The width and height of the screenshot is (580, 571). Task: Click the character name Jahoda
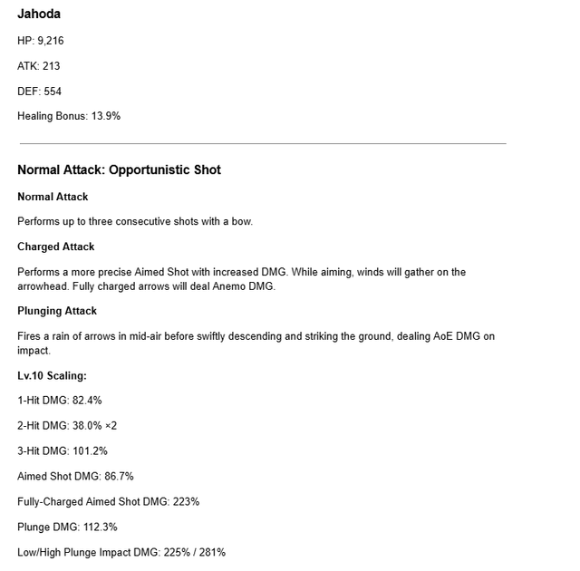39,14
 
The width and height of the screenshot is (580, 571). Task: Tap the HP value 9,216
51,41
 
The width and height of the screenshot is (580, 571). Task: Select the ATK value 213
51,66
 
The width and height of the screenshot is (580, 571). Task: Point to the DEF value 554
53,92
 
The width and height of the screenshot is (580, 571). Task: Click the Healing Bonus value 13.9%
106,117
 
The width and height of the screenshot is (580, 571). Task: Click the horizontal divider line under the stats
263,143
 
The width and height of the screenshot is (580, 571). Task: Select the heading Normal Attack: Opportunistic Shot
119,169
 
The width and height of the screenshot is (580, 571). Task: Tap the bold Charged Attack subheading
56,247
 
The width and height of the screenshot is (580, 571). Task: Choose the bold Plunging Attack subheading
57,311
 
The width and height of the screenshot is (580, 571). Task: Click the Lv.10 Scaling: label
52,375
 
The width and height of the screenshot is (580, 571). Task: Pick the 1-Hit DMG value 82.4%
87,401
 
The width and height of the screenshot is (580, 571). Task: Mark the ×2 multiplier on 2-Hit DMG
111,426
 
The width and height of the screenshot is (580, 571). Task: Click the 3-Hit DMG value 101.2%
90,451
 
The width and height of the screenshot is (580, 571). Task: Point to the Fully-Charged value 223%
185,502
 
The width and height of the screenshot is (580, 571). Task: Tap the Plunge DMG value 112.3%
99,527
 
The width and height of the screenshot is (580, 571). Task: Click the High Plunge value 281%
213,553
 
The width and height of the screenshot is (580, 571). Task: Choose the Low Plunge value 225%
177,553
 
